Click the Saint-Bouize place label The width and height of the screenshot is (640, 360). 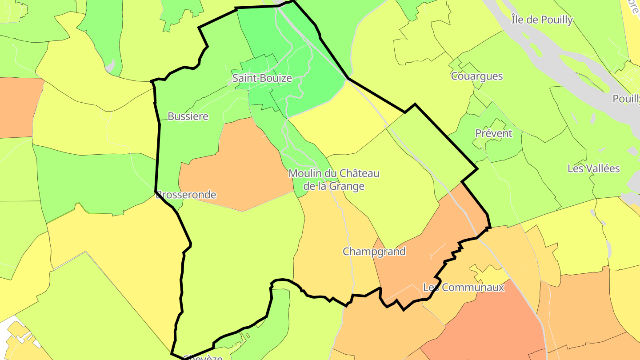[x=262, y=79]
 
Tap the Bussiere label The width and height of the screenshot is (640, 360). [x=188, y=116]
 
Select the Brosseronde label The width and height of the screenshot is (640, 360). [x=186, y=195]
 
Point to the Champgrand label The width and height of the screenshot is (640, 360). [x=374, y=252]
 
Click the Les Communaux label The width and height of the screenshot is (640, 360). [x=464, y=288]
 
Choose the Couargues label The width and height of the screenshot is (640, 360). [x=477, y=76]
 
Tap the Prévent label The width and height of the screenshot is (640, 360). [x=493, y=133]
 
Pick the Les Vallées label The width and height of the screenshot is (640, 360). [x=593, y=169]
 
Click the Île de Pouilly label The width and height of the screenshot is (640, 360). [x=542, y=20]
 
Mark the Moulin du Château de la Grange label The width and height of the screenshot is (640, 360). [x=334, y=180]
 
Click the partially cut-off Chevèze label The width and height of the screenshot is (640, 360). [x=202, y=357]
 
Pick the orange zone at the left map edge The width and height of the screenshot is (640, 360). [x=18, y=107]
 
